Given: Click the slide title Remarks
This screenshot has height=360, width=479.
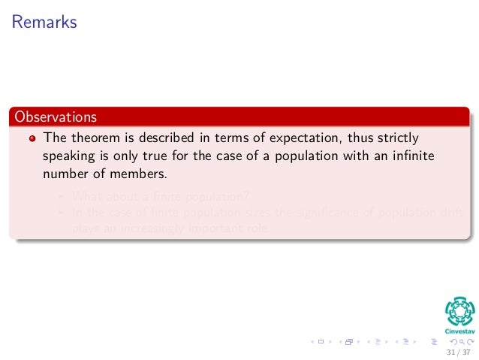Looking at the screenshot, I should pyautogui.click(x=44, y=23).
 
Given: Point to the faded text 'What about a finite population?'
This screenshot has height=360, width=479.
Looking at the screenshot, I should pyautogui.click(x=161, y=197).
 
